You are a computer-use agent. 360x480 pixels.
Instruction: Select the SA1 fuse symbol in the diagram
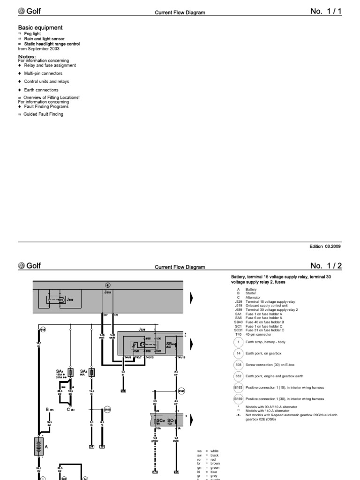(71, 373)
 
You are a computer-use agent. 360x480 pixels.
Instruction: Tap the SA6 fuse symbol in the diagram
(92, 373)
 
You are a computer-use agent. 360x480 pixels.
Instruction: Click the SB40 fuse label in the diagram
(170, 345)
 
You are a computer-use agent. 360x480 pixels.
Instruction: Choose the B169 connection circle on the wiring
(107, 409)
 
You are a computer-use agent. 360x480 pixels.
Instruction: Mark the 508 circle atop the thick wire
(43, 330)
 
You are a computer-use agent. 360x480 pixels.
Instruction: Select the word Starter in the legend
(251, 293)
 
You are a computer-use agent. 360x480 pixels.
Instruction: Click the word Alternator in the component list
(253, 297)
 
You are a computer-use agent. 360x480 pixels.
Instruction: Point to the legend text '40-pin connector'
(261, 335)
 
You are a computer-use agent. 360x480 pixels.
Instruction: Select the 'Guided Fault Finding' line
(43, 114)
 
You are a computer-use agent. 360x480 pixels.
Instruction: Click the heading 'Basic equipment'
(40, 28)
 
